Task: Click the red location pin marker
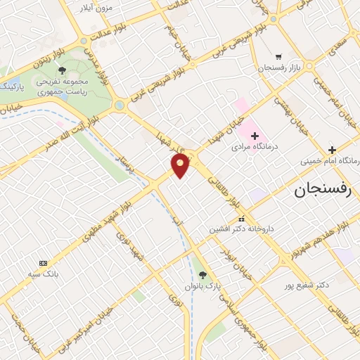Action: click(181, 165)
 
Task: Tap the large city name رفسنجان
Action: click(319, 189)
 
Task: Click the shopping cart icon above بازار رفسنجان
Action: click(279, 56)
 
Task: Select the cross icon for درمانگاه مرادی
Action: click(255, 135)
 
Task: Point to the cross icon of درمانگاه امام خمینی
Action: click(332, 150)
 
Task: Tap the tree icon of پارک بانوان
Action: click(202, 275)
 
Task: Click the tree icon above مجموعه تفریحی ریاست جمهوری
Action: click(63, 70)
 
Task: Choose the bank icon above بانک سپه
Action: click(44, 263)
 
